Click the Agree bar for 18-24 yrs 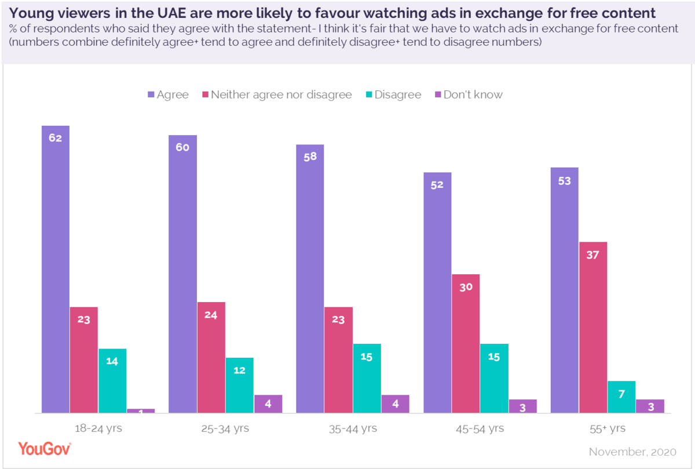pyautogui.click(x=56, y=269)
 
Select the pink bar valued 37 pyautogui.click(x=593, y=327)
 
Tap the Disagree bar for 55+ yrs pyautogui.click(x=621, y=397)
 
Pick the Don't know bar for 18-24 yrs pyautogui.click(x=141, y=410)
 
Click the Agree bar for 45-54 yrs pyautogui.click(x=437, y=292)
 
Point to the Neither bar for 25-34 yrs pyautogui.click(x=211, y=357)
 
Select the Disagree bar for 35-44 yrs pyautogui.click(x=367, y=378)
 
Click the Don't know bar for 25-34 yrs pyautogui.click(x=268, y=403)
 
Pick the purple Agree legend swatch pyautogui.click(x=151, y=94)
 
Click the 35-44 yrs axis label pyautogui.click(x=353, y=429)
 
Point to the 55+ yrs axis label pyautogui.click(x=607, y=429)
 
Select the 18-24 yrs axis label pyautogui.click(x=98, y=429)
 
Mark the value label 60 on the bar pyautogui.click(x=182, y=147)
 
